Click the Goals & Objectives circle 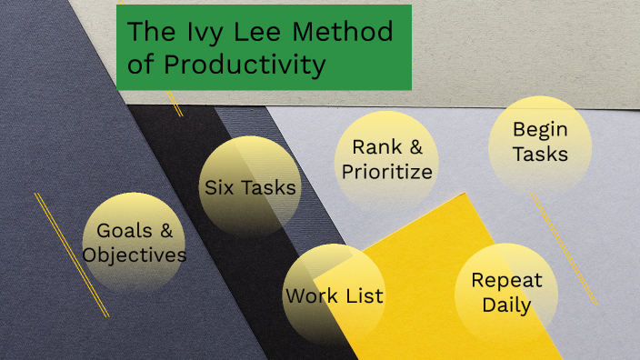pyautogui.click(x=134, y=242)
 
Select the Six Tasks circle pyautogui.click(x=250, y=187)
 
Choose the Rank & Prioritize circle pyautogui.click(x=384, y=159)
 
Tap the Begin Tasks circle pyautogui.click(x=540, y=143)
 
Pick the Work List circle pyautogui.click(x=334, y=295)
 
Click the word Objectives pyautogui.click(x=135, y=255)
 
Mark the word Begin pyautogui.click(x=540, y=130)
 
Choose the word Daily pyautogui.click(x=506, y=305)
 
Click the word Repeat pyautogui.click(x=506, y=280)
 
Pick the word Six pyautogui.click(x=219, y=187)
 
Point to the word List pyautogui.click(x=363, y=295)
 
